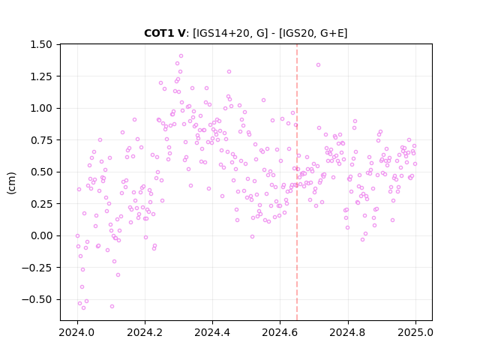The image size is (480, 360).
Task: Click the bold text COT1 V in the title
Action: (165, 33)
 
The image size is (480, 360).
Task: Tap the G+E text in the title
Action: (331, 33)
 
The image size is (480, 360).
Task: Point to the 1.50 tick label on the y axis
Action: (41, 44)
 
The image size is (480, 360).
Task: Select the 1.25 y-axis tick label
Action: (41, 76)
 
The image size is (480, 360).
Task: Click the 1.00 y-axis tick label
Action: (41, 108)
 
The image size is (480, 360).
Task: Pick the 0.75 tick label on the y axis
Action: (41, 140)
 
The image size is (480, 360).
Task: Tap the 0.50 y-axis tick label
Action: (41, 172)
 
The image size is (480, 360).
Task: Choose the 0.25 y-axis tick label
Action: (41, 203)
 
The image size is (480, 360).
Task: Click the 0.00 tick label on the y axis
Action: (41, 235)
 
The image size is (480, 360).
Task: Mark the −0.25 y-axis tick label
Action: (37, 268)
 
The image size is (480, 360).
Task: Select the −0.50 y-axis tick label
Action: (37, 299)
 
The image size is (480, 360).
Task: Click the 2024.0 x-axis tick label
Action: (77, 332)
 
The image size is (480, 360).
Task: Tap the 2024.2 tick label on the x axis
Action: (145, 332)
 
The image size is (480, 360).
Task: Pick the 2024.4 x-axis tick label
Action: (212, 332)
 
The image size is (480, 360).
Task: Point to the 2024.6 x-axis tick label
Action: (280, 332)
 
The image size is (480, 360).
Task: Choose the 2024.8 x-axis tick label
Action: (348, 332)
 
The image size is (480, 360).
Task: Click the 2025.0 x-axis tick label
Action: (415, 332)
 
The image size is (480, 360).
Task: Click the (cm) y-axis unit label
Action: (11, 182)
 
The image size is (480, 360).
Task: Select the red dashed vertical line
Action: (297, 182)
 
